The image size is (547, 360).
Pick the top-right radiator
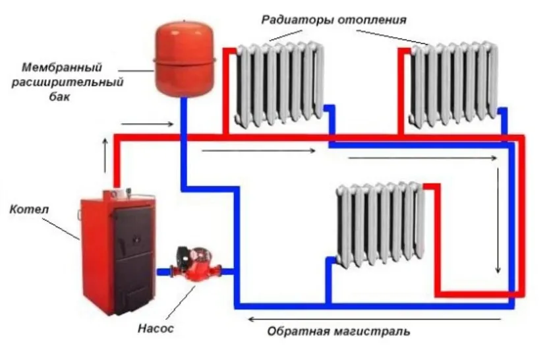coord(453,82)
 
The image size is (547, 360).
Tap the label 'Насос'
coord(156,328)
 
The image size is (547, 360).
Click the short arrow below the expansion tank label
coord(148,123)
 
